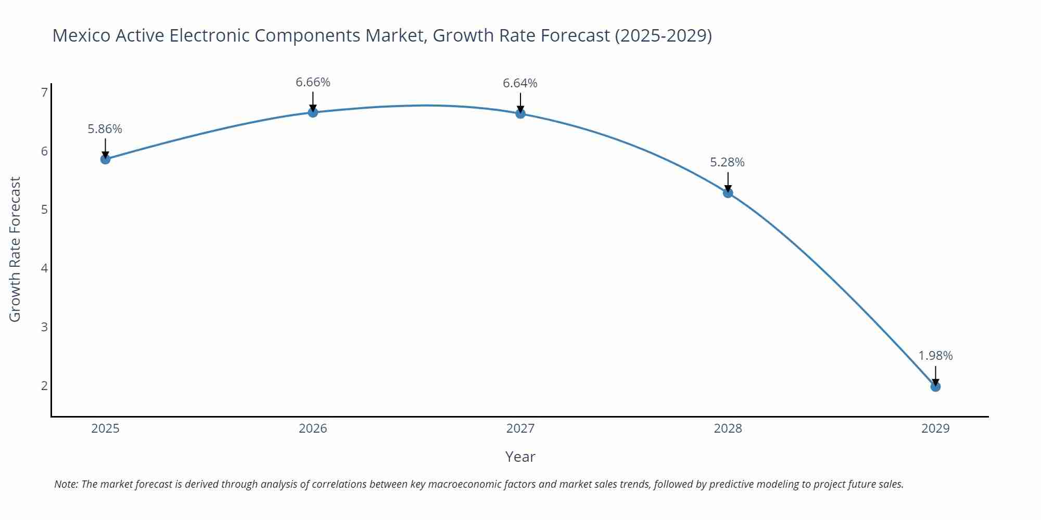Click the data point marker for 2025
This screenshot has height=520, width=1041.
click(105, 159)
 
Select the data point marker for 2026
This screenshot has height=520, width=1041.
click(313, 112)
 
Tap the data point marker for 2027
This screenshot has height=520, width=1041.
click(520, 113)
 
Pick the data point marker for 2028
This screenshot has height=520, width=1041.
click(728, 193)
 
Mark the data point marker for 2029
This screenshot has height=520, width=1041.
click(935, 386)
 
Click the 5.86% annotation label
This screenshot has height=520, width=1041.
click(105, 129)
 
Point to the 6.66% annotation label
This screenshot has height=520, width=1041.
click(313, 82)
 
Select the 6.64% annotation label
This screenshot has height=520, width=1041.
click(520, 83)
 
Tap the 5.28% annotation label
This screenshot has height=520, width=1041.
click(727, 162)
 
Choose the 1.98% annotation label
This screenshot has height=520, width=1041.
click(935, 356)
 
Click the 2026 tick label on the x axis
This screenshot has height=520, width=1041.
click(313, 428)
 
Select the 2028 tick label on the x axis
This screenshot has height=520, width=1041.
click(728, 428)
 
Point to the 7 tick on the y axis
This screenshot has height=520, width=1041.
click(44, 93)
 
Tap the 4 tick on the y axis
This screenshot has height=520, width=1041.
click(44, 268)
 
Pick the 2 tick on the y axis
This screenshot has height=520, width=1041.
click(44, 386)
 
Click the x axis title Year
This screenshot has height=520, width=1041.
click(520, 457)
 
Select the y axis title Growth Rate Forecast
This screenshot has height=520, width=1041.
click(15, 249)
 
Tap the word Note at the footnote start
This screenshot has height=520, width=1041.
click(66, 484)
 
